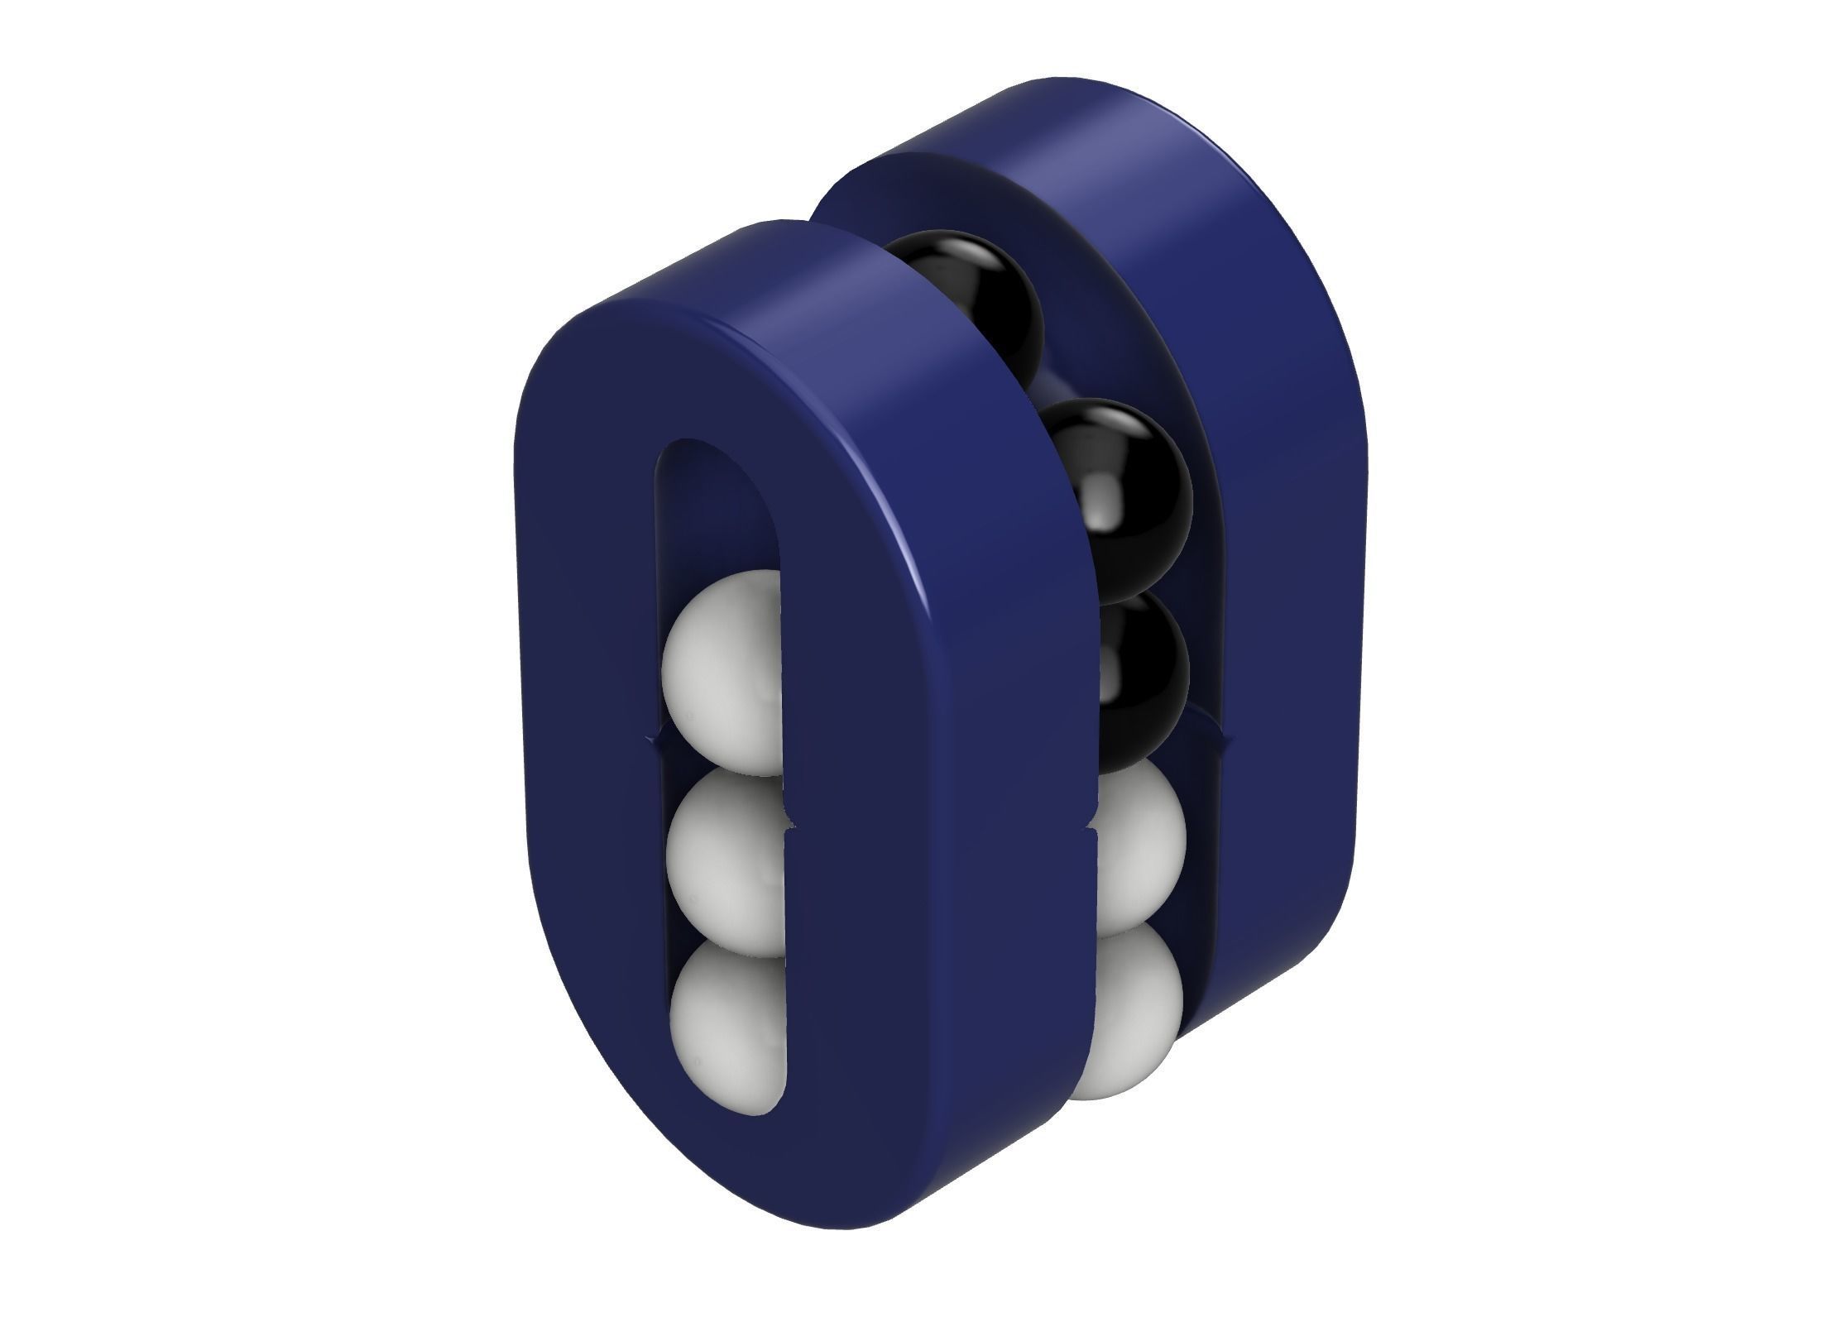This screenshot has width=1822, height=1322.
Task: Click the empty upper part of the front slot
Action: pyautogui.click(x=718, y=513)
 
